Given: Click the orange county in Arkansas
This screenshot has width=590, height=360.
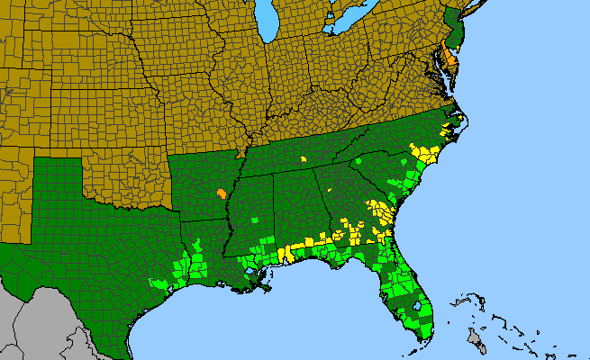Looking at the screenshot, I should pos(221,193).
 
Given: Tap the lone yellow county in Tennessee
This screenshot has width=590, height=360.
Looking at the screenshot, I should pos(304,159).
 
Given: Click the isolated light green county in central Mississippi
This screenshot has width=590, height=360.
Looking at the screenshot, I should pos(255,219).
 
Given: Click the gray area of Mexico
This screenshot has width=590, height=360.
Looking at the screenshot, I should pos(36,324).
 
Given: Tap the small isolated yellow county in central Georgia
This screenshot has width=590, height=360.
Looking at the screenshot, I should pos(330,191).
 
